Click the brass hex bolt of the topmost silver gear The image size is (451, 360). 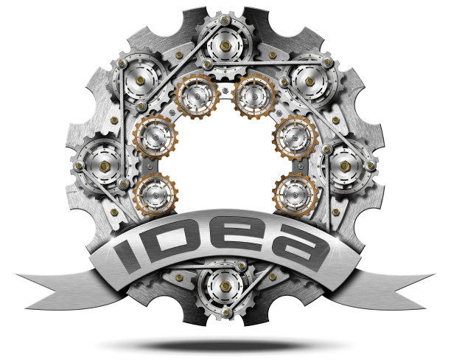click(225, 46)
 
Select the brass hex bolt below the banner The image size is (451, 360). click(225, 285)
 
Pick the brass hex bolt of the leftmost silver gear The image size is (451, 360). click(104, 166)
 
